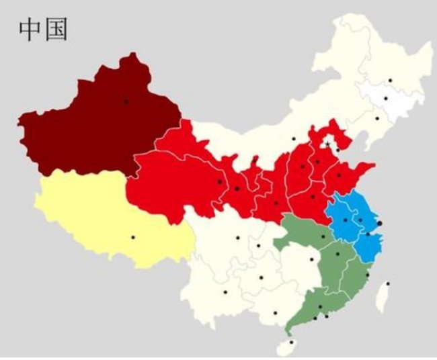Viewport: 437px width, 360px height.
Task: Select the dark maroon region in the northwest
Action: point(87,128)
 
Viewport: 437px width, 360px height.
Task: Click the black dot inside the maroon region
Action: point(125,101)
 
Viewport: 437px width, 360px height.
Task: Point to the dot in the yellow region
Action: point(132,237)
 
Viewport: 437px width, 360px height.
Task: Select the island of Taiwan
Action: point(383,296)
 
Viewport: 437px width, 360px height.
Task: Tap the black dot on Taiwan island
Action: point(388,283)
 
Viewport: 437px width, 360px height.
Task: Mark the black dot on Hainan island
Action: point(291,342)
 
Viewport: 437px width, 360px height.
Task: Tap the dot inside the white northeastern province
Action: point(386,99)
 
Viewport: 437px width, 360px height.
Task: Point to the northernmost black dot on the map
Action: point(390,81)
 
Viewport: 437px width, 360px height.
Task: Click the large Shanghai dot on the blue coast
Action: point(379,222)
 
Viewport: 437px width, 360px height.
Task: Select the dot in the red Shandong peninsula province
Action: point(339,176)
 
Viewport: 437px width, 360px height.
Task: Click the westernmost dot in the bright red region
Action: point(219,181)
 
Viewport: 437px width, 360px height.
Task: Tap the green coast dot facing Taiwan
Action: point(366,275)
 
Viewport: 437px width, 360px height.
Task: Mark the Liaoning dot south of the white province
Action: point(377,119)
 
